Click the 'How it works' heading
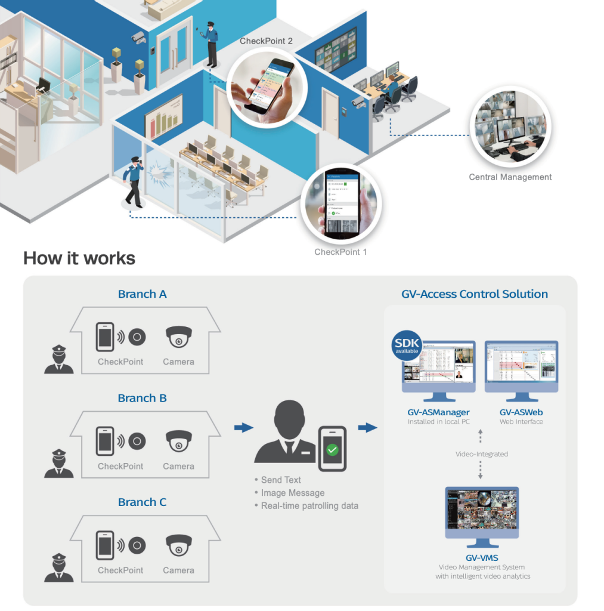pyautogui.click(x=79, y=258)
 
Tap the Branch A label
pyautogui.click(x=142, y=294)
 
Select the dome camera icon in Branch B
pyautogui.click(x=178, y=441)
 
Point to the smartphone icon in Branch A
pyautogui.click(x=105, y=337)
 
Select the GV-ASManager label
pyautogui.click(x=438, y=412)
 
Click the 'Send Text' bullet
pyautogui.click(x=280, y=480)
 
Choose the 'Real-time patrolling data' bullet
pyautogui.click(x=309, y=506)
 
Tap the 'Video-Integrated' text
pyautogui.click(x=482, y=454)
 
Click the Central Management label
pyautogui.click(x=510, y=177)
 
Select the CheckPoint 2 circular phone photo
pyautogui.click(x=265, y=87)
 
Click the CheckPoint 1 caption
pyautogui.click(x=340, y=252)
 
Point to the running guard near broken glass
pyautogui.click(x=133, y=181)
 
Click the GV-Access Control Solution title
pyautogui.click(x=475, y=294)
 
